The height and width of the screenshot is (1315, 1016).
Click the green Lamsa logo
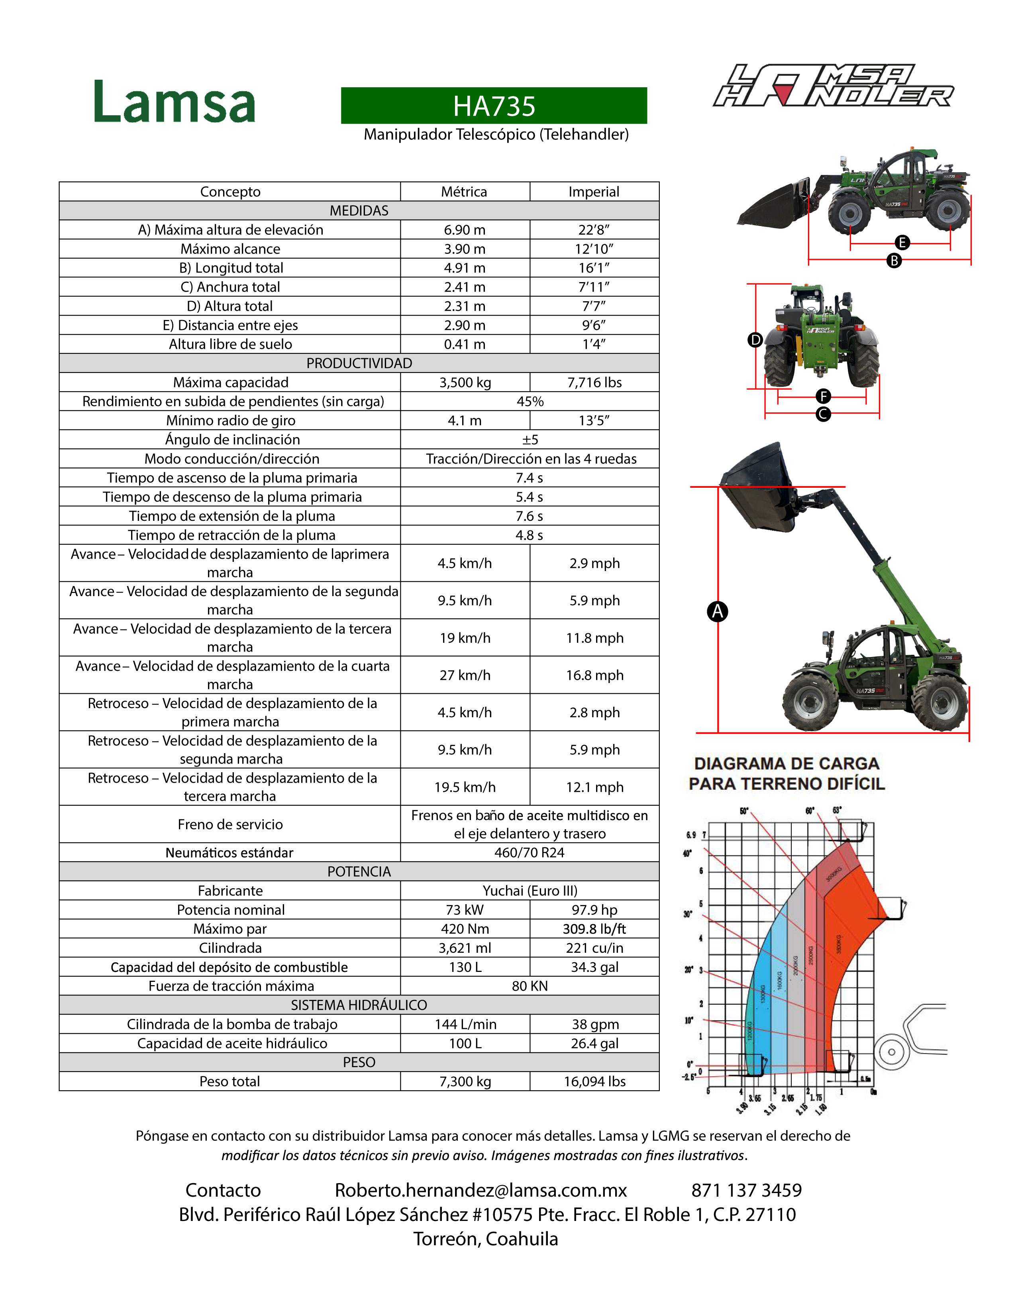point(175,102)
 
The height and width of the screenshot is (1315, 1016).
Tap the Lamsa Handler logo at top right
point(833,86)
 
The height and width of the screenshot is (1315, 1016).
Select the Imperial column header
point(594,191)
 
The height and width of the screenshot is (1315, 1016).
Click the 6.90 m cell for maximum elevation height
point(465,230)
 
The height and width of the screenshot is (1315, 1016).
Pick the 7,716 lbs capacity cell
point(594,382)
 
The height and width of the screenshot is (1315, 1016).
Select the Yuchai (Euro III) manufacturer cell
point(530,891)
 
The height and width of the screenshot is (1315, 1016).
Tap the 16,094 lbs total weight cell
point(594,1081)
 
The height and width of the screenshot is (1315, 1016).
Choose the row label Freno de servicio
point(230,824)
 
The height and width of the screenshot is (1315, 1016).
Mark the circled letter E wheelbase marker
point(902,243)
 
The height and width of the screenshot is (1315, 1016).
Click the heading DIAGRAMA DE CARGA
point(787,763)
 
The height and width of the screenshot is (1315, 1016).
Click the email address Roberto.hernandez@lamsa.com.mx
point(481,1190)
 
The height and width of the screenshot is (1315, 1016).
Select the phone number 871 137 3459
point(746,1190)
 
